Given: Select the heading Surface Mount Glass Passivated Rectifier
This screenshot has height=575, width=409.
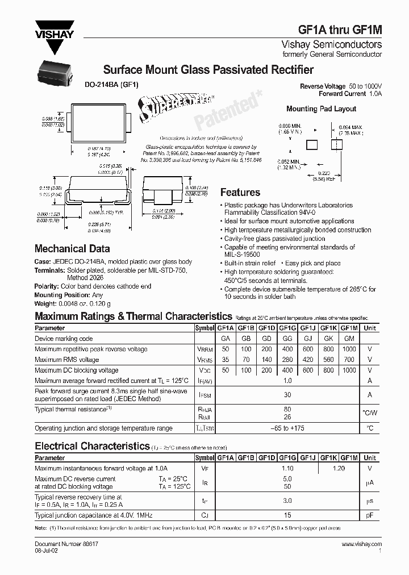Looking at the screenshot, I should point(208,70).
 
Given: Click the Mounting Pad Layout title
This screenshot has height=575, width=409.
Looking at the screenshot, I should point(321,109).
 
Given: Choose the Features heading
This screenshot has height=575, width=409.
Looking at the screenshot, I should point(240,193).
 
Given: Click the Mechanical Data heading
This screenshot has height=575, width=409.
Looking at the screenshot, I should point(72,248).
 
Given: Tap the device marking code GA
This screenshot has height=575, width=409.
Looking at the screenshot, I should point(225,339).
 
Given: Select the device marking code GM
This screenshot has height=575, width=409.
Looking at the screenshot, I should point(349,339).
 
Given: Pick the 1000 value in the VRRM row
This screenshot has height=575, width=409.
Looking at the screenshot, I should point(349,349).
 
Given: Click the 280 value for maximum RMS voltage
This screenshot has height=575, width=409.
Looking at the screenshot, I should point(287,360).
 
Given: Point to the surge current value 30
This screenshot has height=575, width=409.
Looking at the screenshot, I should point(287,395).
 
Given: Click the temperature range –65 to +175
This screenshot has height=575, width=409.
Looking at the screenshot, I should point(287,428).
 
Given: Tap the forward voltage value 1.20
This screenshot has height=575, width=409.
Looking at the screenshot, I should point(338,469).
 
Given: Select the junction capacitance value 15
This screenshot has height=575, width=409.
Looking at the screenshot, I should point(287,515).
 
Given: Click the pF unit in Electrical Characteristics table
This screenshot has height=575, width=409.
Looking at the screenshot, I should point(370,515).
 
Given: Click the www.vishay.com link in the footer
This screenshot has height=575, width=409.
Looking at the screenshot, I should point(362,544).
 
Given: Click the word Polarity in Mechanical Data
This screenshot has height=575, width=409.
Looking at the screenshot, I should point(47,287).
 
